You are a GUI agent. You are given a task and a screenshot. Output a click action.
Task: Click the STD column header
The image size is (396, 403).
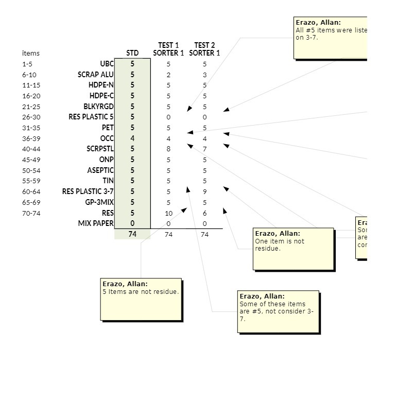pyautogui.click(x=132, y=53)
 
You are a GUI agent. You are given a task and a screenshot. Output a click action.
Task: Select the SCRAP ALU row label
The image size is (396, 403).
pyautogui.click(x=96, y=75)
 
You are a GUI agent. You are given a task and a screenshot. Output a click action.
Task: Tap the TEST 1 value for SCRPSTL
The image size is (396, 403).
pyautogui.click(x=168, y=149)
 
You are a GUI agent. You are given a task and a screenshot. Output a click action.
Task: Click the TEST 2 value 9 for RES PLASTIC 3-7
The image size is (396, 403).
pyautogui.click(x=204, y=191)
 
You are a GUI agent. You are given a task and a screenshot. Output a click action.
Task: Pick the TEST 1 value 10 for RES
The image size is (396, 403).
pyautogui.click(x=168, y=213)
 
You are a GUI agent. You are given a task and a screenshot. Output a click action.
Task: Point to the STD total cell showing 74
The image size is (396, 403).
pyautogui.click(x=132, y=234)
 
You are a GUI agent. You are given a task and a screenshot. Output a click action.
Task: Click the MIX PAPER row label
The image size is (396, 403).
pyautogui.click(x=96, y=223)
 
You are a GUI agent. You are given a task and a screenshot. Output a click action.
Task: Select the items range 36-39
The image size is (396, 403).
pyautogui.click(x=31, y=138)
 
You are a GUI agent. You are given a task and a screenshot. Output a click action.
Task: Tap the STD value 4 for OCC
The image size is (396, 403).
pyautogui.click(x=132, y=138)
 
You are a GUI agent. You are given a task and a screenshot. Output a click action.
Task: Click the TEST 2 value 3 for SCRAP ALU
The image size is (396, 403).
pyautogui.click(x=204, y=75)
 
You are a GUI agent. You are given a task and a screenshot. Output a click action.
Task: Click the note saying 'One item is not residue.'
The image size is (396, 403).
pyautogui.click(x=293, y=249)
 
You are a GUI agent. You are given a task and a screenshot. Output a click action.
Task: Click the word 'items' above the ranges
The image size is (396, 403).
pyautogui.click(x=31, y=53)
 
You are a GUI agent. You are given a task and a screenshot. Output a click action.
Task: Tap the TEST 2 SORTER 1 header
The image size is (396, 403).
pyautogui.click(x=204, y=49)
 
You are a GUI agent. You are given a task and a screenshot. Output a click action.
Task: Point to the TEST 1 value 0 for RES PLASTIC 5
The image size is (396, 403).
pyautogui.click(x=168, y=117)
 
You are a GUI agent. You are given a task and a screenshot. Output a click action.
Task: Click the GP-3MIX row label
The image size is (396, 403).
pyautogui.click(x=99, y=202)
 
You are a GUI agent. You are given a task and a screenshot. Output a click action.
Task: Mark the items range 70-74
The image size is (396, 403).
pyautogui.click(x=31, y=213)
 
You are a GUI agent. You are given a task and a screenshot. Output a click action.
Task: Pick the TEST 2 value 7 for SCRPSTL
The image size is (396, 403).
pyautogui.click(x=204, y=149)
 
